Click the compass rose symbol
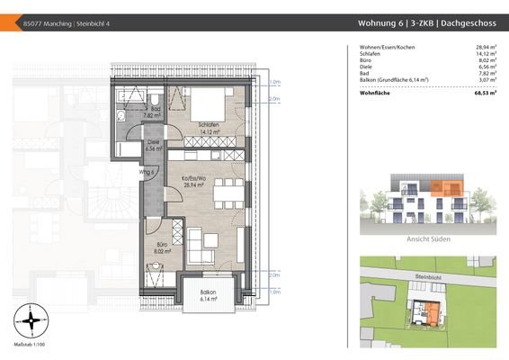point(32,319)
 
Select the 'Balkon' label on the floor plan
point(209,293)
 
